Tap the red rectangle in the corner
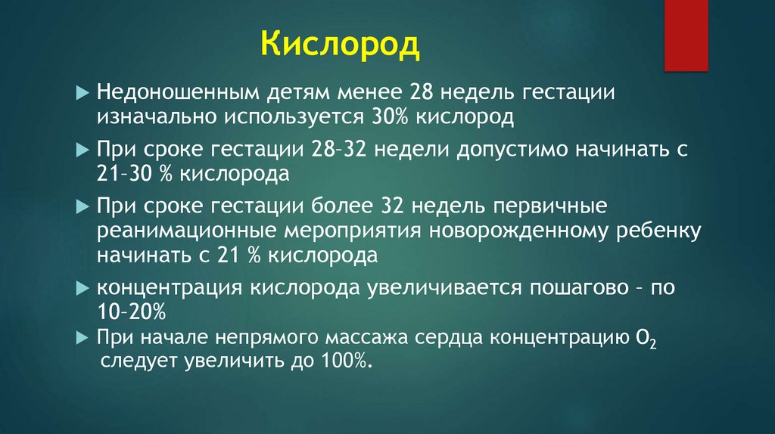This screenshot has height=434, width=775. pyautogui.click(x=686, y=35)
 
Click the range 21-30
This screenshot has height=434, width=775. pyautogui.click(x=129, y=174)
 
